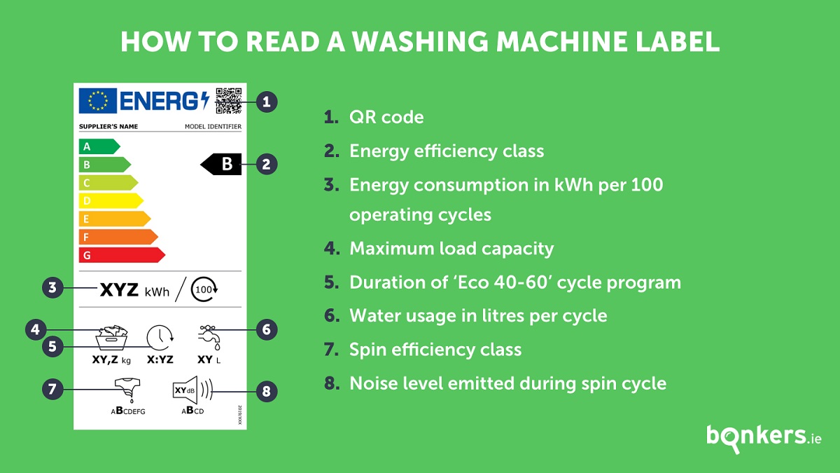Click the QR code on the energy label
[x=228, y=101]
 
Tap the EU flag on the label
[x=97, y=101]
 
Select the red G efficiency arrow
[x=122, y=255]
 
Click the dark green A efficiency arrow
[x=99, y=146]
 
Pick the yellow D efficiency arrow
[x=111, y=200]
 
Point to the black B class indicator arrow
[x=221, y=164]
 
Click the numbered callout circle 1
[x=267, y=102]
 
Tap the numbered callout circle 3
[x=52, y=288]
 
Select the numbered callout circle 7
[x=52, y=389]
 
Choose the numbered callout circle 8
[x=267, y=392]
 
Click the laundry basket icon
[x=111, y=338]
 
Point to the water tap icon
[x=209, y=338]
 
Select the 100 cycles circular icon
[x=204, y=289]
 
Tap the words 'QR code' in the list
[x=386, y=118]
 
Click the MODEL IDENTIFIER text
[x=213, y=127]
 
